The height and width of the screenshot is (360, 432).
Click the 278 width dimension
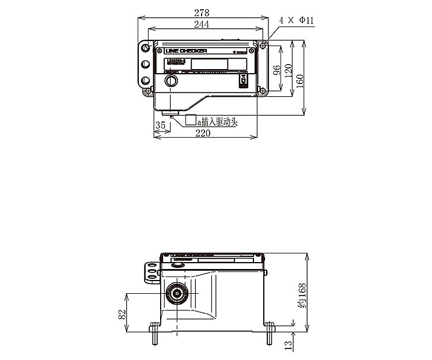202,12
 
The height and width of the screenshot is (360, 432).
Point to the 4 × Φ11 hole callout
297,20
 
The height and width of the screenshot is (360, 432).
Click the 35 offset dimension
160,124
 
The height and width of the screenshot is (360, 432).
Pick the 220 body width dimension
203,133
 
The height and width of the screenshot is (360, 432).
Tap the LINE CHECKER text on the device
185,51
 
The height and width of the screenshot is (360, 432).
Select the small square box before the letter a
191,120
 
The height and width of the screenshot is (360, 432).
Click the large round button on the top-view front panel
170,81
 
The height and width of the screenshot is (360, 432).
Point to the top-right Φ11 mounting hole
263,46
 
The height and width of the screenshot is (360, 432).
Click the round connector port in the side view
176,293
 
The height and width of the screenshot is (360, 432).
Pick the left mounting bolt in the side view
154,334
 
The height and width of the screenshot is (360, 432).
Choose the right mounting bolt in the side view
270,334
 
